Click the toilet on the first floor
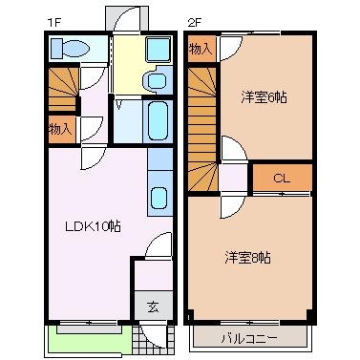[71, 49]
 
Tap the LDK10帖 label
[93, 226]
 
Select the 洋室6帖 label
[264, 96]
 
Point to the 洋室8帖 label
[248, 257]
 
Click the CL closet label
[282, 179]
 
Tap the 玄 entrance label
[153, 307]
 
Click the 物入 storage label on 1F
[60, 129]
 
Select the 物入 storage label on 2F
[201, 49]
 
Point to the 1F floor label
[53, 23]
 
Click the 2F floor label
[194, 23]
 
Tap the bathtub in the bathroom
[159, 121]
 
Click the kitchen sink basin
[159, 198]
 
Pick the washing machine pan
[159, 50]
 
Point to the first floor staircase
[63, 88]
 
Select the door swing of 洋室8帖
[233, 207]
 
